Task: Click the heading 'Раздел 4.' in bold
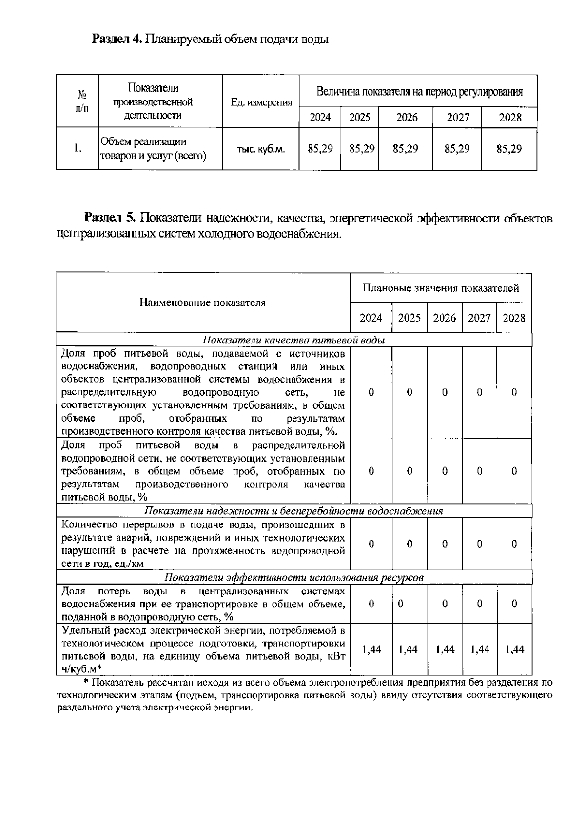[117, 39]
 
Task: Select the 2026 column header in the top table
[407, 117]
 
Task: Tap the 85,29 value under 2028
[509, 149]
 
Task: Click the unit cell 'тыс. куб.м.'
[261, 149]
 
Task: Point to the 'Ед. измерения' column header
[261, 102]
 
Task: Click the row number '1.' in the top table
[77, 148]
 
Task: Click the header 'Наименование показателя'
[203, 303]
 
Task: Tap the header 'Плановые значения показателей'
[441, 288]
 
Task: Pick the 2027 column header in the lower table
[479, 318]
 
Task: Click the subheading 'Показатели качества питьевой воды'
[293, 340]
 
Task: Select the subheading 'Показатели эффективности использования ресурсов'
[293, 578]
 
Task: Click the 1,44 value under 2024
[371, 649]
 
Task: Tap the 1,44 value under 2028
[514, 649]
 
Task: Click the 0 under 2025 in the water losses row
[401, 604]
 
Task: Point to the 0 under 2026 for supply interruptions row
[445, 544]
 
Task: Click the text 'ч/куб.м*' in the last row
[81, 668]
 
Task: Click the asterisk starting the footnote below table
[86, 682]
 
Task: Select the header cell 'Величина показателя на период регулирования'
[419, 92]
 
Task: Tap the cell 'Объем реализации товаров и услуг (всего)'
[153, 149]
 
